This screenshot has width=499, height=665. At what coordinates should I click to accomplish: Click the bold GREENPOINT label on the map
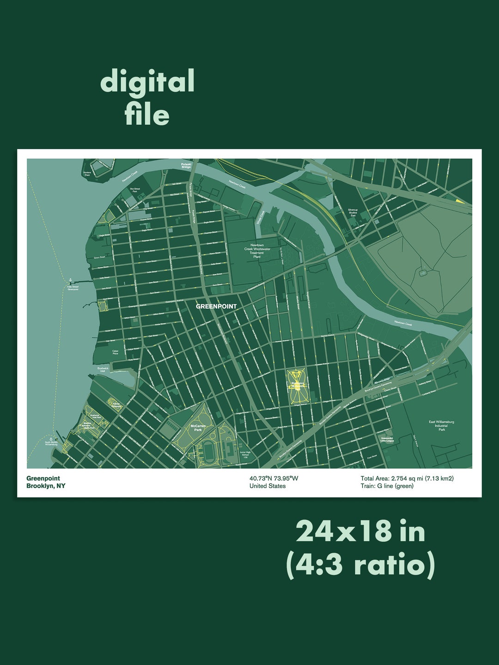click(x=216, y=306)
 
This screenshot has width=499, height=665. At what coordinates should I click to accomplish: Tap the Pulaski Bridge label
click(x=186, y=165)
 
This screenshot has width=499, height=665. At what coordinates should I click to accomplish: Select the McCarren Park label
click(x=198, y=428)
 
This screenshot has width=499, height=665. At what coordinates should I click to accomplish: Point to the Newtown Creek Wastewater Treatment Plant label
click(x=257, y=251)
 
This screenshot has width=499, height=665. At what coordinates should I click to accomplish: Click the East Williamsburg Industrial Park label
click(x=441, y=426)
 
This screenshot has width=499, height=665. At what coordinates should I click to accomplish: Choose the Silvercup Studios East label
click(x=353, y=212)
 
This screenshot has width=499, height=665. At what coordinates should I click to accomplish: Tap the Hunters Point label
click(x=87, y=174)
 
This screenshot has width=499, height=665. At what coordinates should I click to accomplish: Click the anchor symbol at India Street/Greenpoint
click(x=71, y=280)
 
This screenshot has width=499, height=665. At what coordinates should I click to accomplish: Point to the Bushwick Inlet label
click(x=103, y=369)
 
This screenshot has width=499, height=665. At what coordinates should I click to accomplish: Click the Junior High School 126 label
click(x=245, y=454)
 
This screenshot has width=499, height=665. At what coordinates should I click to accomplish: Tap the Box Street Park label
click(x=135, y=190)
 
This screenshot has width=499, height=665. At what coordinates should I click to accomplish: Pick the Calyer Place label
click(x=116, y=352)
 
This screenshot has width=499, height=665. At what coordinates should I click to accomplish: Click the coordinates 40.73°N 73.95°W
click(x=274, y=478)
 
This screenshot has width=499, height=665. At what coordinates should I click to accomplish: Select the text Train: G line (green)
click(x=387, y=486)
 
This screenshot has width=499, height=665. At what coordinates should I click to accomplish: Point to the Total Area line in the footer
click(x=407, y=478)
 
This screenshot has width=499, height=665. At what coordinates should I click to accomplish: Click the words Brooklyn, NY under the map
click(x=46, y=486)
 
